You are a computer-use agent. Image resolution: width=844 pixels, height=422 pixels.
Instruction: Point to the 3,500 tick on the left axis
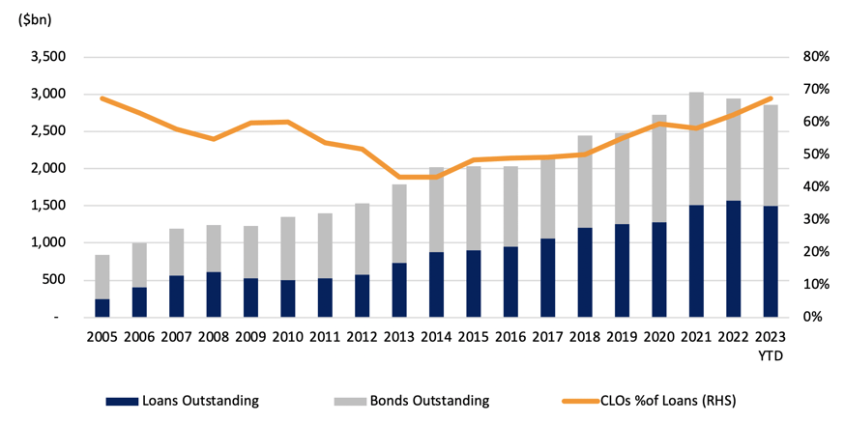46,57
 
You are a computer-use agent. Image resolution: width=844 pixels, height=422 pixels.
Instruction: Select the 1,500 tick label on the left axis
46,206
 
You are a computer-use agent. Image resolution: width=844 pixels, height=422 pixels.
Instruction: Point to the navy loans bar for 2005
102,308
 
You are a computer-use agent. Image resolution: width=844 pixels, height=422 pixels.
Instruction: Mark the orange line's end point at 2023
770,98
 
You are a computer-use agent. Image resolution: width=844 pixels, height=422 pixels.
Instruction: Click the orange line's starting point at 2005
102,98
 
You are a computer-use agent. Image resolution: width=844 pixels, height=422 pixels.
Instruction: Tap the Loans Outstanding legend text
200,400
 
